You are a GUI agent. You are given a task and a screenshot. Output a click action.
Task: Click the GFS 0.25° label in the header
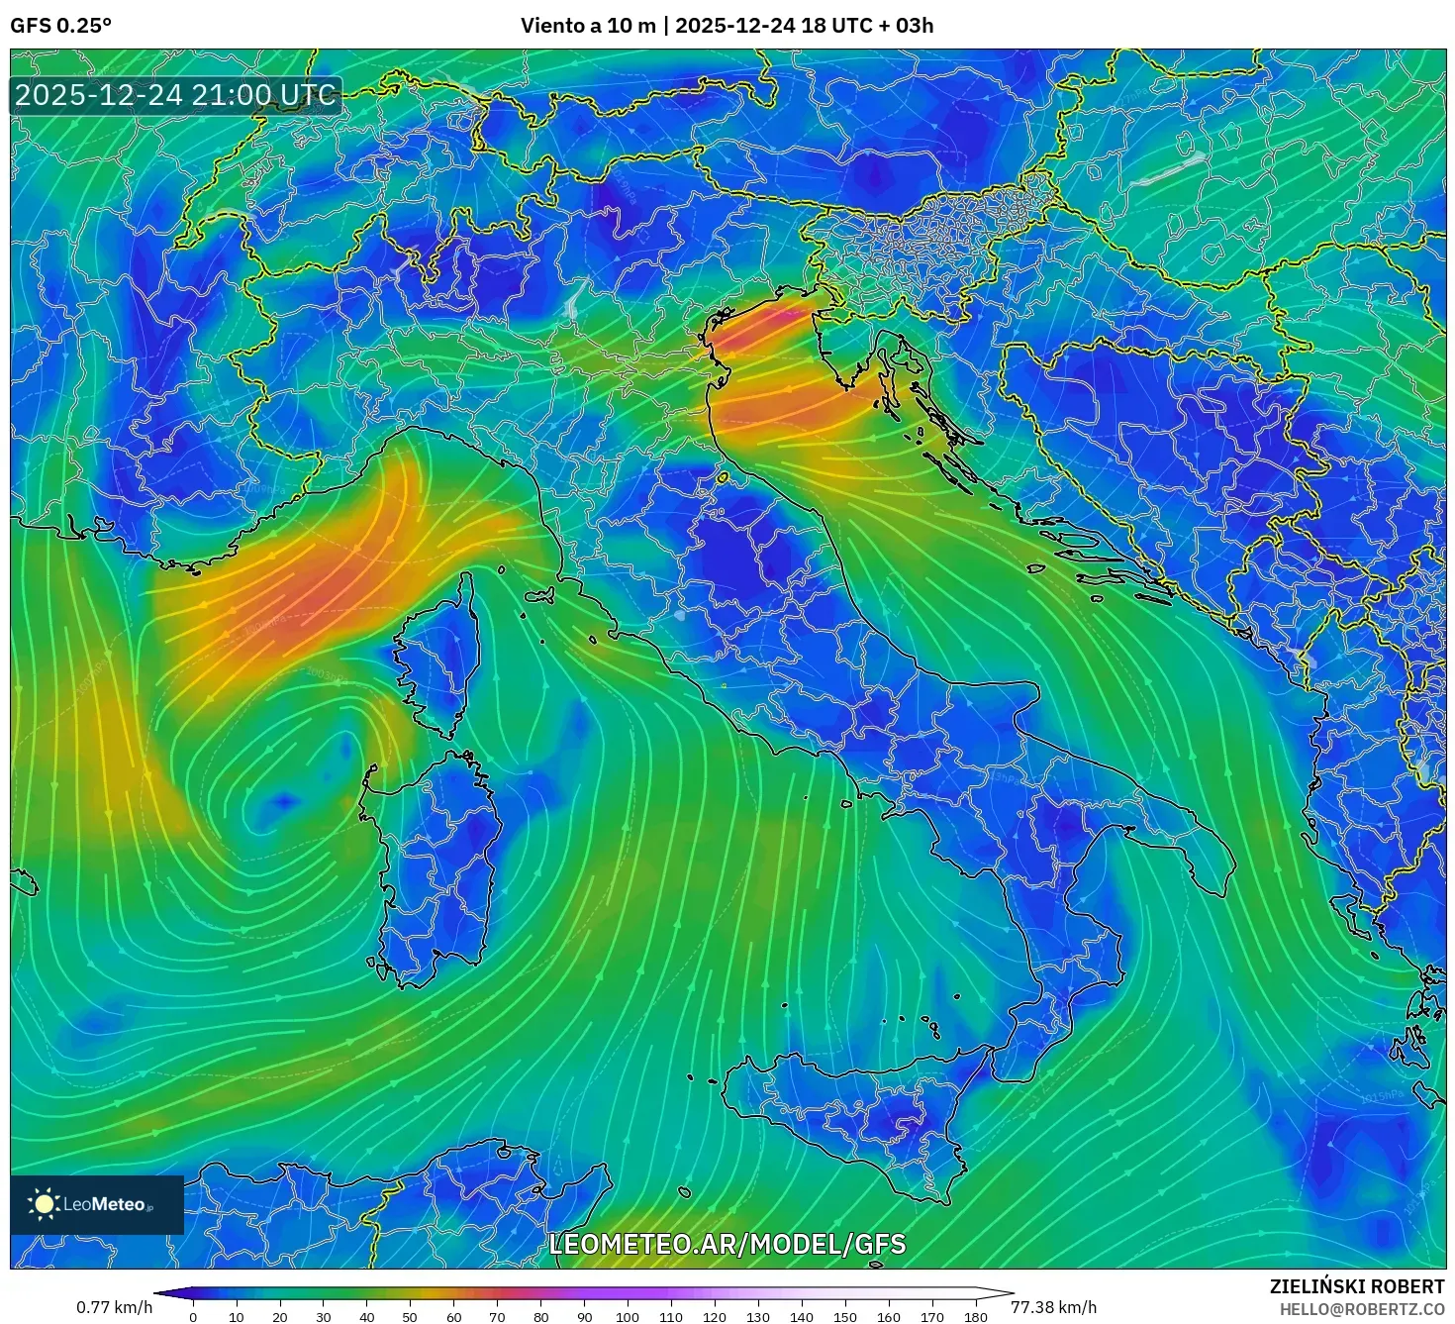click(60, 26)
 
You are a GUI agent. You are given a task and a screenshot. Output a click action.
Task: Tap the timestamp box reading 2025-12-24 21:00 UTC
click(175, 95)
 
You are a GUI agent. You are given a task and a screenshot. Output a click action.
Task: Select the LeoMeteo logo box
click(97, 1204)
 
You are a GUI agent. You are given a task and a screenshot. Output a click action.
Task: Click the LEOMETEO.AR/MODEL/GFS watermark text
click(727, 1244)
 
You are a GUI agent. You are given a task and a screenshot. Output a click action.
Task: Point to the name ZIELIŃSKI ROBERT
click(1356, 1286)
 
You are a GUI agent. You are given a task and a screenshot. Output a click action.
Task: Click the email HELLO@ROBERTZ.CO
click(1362, 1309)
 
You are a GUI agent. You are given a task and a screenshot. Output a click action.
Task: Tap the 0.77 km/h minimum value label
click(114, 1307)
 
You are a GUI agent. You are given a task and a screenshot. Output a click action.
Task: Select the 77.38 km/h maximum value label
click(1053, 1307)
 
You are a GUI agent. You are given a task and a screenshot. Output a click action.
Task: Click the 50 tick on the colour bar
click(410, 1316)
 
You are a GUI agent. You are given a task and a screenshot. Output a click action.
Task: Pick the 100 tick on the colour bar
click(628, 1316)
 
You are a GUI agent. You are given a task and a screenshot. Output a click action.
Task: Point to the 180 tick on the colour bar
click(976, 1316)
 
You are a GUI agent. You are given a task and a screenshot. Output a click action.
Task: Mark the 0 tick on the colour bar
click(193, 1316)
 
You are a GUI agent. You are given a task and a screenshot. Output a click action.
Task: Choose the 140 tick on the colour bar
click(802, 1316)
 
